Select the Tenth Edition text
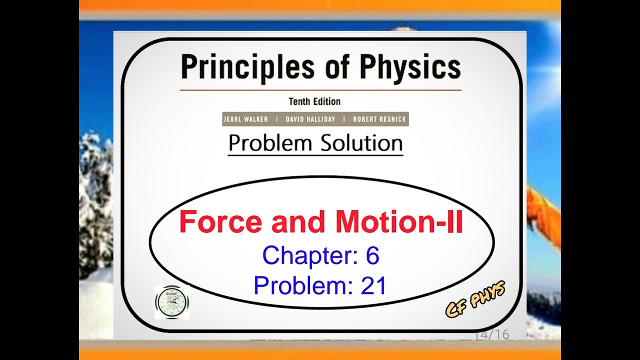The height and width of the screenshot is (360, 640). pyautogui.click(x=314, y=101)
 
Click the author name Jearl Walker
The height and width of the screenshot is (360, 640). pyautogui.click(x=245, y=119)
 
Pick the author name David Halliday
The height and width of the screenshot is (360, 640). pyautogui.click(x=310, y=119)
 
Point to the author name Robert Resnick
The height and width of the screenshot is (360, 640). pyautogui.click(x=379, y=119)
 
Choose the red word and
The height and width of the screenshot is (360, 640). pyautogui.click(x=292, y=222)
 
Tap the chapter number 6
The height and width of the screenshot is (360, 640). pyautogui.click(x=372, y=256)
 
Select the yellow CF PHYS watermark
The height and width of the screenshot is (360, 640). pyautogui.click(x=475, y=299)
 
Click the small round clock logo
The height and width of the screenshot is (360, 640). pyautogui.click(x=171, y=302)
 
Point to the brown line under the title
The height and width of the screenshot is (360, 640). pyautogui.click(x=320, y=90)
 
